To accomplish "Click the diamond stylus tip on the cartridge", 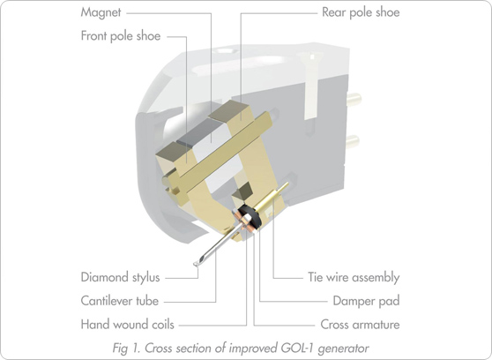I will tap(196, 262).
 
